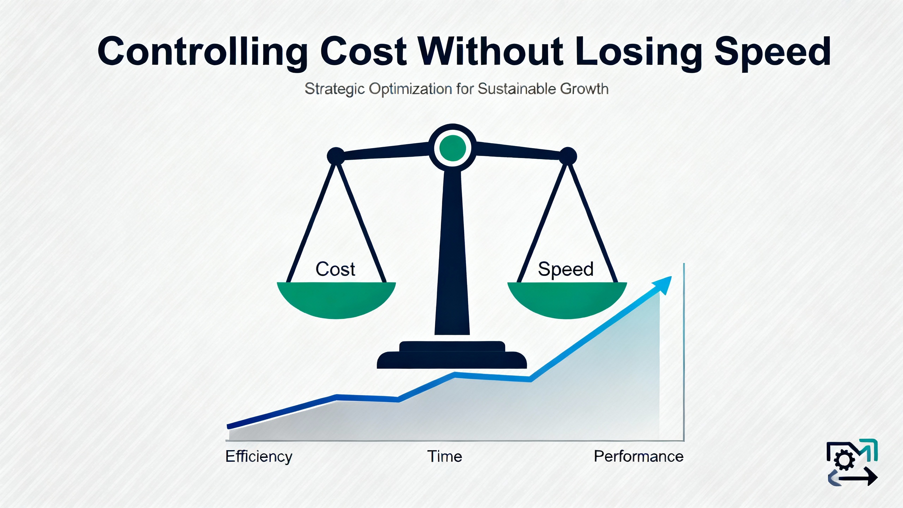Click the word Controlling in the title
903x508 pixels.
203,52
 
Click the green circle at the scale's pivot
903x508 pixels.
453,148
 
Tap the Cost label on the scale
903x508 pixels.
335,269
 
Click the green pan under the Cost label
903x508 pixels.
336,300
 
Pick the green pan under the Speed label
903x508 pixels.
567,300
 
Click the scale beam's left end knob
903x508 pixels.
336,156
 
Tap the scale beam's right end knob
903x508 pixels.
568,156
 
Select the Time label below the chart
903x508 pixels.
444,456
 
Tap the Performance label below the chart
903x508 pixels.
638,456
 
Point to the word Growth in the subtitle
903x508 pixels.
584,89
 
